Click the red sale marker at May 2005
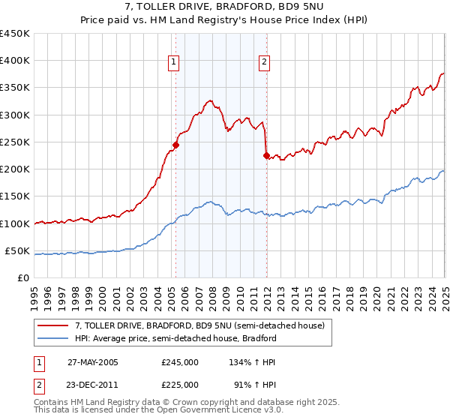coord(176,145)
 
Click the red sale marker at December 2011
coord(266,156)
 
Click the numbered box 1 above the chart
coord(173,63)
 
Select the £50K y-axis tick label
coord(17,250)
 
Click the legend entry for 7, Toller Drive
coord(199,325)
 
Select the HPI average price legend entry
coord(175,338)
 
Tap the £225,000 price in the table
coord(179,384)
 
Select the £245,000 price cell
coord(179,361)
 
